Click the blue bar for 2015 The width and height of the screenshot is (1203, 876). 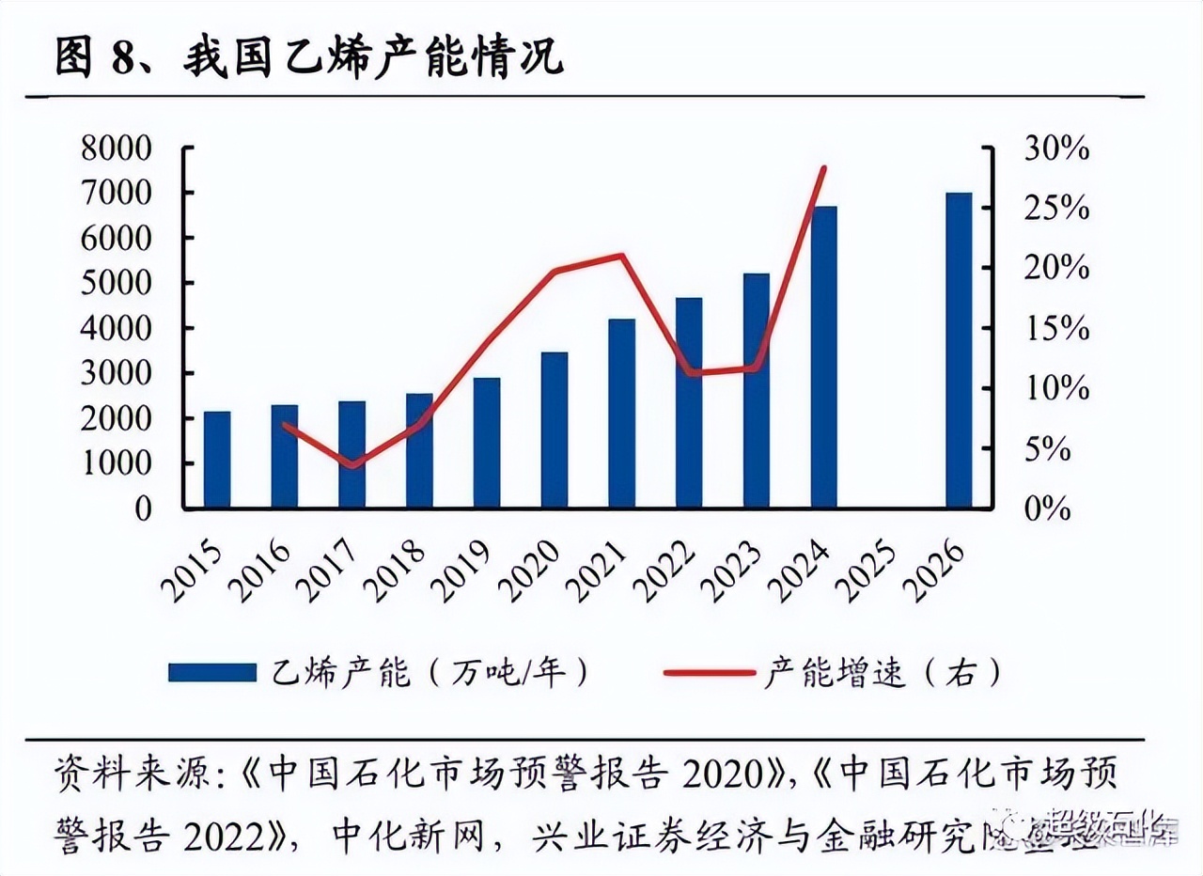pos(217,460)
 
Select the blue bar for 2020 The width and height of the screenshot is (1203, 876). pos(555,430)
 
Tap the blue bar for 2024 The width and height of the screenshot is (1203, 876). pos(824,357)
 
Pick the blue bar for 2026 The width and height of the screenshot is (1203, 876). pos(959,350)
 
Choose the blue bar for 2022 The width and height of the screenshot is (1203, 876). pos(689,402)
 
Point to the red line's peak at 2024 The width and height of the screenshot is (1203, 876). pos(824,168)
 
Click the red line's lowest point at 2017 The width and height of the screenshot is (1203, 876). pos(352,465)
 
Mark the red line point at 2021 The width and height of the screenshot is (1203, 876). pos(621,255)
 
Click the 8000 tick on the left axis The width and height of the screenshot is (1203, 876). pos(117,149)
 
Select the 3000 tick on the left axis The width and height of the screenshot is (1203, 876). pos(117,373)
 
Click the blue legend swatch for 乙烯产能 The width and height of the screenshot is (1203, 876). pos(212,672)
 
